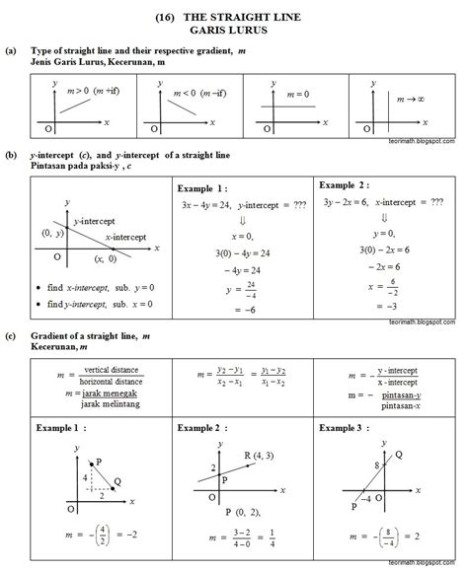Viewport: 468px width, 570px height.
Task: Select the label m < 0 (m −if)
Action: click(x=196, y=93)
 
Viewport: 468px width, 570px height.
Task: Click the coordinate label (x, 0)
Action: click(x=105, y=259)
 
